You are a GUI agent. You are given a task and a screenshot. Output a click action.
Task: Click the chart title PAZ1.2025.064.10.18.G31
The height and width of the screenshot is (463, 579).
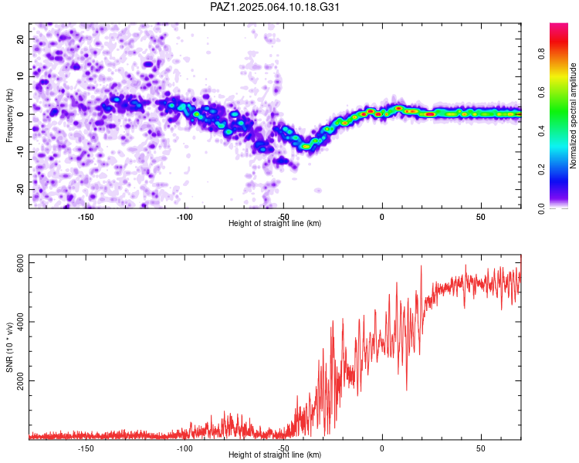(x=274, y=7)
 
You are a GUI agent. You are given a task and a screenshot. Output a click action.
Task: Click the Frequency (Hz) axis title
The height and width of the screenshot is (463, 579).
(x=9, y=116)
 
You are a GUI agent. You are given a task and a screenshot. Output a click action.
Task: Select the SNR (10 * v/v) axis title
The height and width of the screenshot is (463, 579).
(x=9, y=347)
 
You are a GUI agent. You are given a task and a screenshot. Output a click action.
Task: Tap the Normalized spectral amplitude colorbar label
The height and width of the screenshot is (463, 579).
(x=573, y=116)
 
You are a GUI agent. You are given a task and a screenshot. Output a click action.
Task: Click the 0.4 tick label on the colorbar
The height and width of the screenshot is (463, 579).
(x=541, y=130)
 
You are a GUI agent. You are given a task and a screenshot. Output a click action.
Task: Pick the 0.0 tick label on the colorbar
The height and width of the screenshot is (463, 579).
(x=541, y=208)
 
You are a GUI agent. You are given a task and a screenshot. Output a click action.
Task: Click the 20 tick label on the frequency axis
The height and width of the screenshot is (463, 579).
(x=20, y=39)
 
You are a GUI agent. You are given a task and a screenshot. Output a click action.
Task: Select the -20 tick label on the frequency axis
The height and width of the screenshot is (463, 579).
(x=20, y=189)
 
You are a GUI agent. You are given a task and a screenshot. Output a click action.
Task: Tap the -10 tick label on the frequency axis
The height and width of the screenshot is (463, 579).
(x=20, y=152)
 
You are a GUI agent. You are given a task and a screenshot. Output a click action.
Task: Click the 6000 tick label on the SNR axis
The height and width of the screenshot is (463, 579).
(x=20, y=263)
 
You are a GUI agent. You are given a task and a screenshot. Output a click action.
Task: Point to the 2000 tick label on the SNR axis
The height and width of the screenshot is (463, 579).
(x=20, y=380)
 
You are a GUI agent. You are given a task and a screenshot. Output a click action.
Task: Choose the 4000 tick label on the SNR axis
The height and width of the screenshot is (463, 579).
(x=20, y=322)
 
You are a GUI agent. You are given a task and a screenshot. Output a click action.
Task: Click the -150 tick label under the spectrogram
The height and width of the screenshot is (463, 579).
(x=86, y=217)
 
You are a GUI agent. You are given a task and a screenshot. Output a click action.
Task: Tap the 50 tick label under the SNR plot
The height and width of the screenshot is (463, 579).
(x=481, y=448)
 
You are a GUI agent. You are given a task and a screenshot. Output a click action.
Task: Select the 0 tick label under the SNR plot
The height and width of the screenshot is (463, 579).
(x=382, y=448)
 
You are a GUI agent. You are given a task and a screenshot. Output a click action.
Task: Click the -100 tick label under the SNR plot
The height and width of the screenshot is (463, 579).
(x=185, y=448)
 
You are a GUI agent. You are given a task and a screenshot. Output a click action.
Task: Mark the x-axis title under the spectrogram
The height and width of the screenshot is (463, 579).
(x=275, y=223)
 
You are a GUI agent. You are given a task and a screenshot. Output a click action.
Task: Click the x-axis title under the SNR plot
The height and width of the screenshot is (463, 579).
(x=275, y=455)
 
